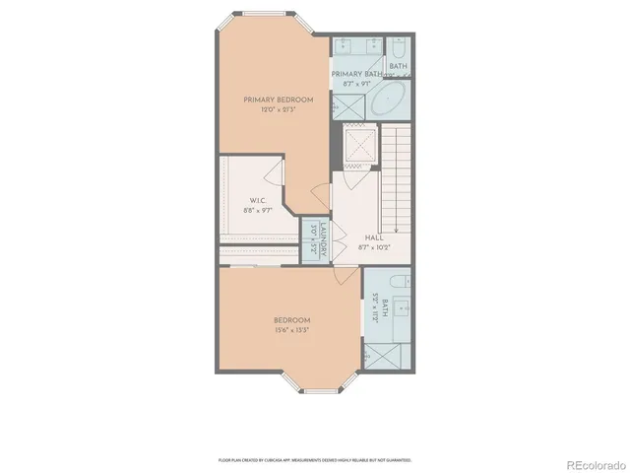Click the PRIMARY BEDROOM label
coord(280,100)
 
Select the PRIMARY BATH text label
coord(356,74)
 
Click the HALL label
coord(374,238)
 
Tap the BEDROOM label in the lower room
coord(291,320)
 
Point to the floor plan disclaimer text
coord(315,459)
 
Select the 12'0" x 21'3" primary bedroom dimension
coord(280,109)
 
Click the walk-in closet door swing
coord(275,169)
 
